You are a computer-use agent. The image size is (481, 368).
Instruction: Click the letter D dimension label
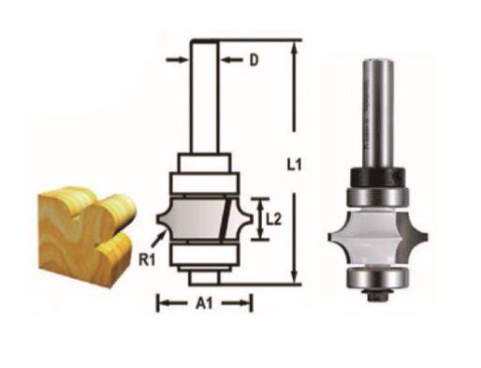pos(254,61)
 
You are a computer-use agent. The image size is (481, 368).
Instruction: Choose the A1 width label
pos(204,303)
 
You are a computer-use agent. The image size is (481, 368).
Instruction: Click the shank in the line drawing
pos(205,94)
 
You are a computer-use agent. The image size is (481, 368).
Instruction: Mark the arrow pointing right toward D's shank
pos(177,61)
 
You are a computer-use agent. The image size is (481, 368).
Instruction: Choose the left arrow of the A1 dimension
pos(164,302)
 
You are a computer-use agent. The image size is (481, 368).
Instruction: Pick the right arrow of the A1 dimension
pos(245,302)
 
